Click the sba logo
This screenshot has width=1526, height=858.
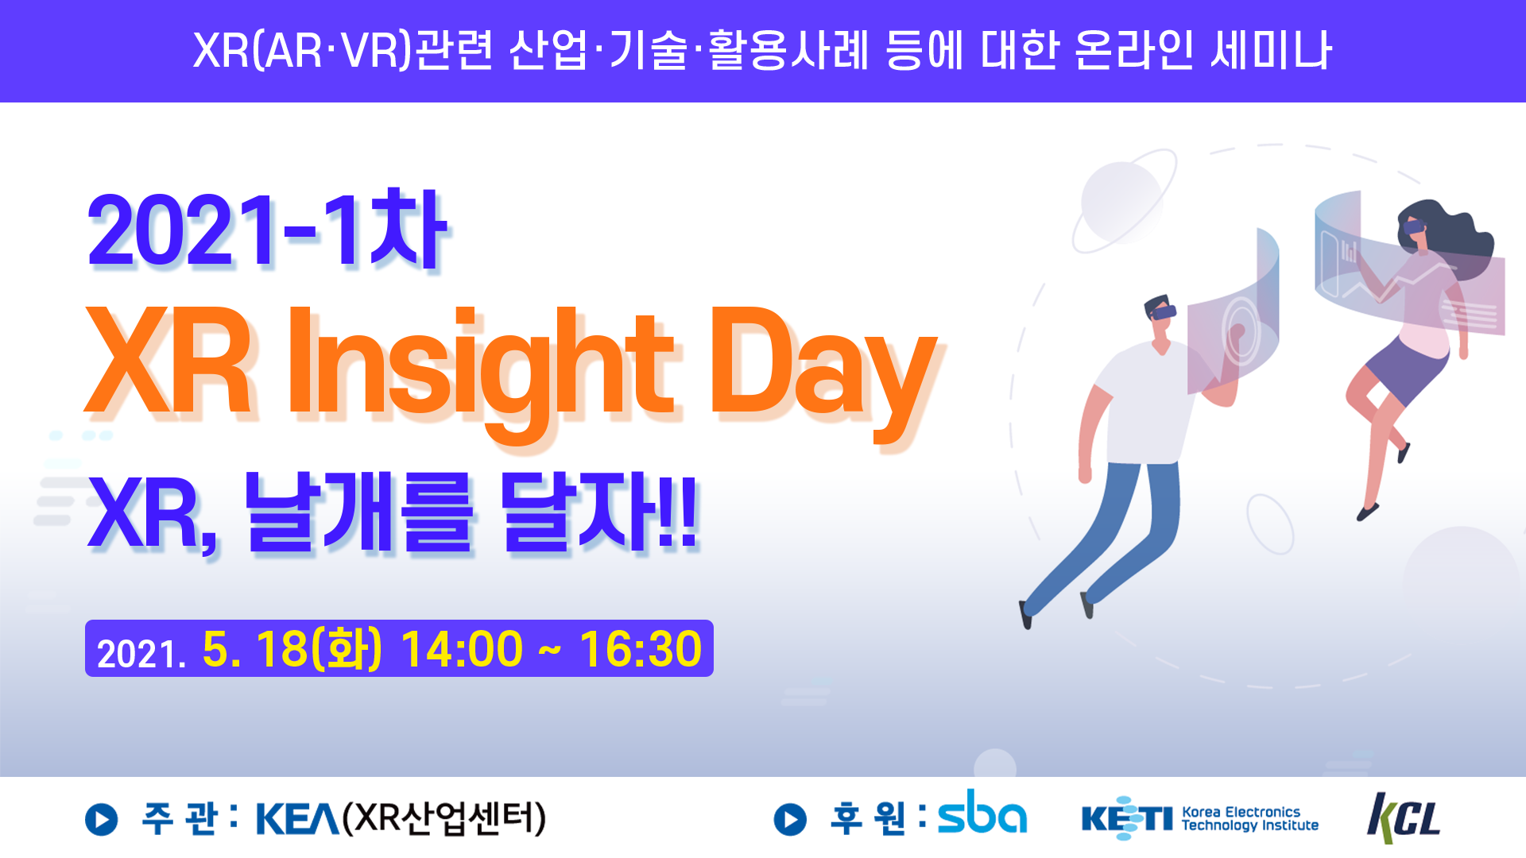982,812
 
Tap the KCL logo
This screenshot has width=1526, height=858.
1404,817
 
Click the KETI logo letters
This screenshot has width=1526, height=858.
1127,817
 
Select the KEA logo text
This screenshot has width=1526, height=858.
297,818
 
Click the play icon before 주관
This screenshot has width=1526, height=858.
102,819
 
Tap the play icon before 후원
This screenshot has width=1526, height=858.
790,819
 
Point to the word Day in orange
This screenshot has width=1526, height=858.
823,373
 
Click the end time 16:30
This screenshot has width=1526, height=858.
641,649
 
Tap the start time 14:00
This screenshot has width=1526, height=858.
462,649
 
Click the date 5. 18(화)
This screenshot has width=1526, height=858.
292,649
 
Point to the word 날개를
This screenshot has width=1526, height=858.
358,512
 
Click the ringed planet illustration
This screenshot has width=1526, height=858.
1124,201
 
